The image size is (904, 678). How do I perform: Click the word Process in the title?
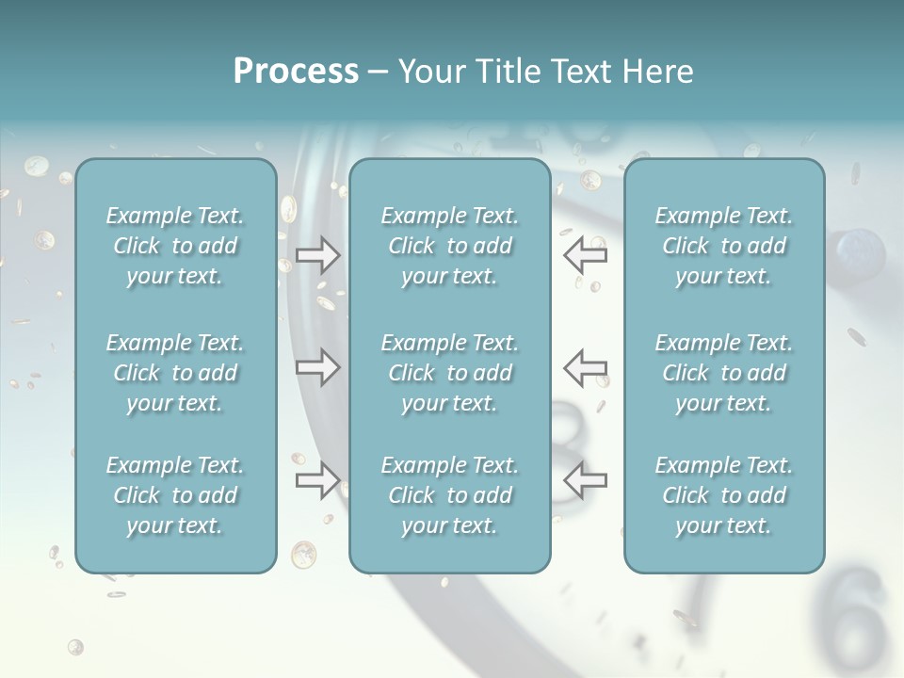296,71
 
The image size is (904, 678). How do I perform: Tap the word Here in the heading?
657,72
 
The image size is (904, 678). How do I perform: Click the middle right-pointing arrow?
317,367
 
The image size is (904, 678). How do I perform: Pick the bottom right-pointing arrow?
317,480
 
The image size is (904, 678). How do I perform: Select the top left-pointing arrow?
585,254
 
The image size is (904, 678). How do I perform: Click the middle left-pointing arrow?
585,367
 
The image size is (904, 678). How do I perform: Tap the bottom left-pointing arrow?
585,480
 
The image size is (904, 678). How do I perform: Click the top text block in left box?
175,246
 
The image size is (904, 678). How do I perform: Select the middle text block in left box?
175,373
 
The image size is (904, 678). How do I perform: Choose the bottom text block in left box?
175,495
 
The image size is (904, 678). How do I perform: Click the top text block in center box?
449,246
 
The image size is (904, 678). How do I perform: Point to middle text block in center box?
449,373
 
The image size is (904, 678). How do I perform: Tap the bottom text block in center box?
449,495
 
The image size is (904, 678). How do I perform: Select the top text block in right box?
723,246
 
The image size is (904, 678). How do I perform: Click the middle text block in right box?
723,373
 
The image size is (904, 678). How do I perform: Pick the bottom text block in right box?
723,495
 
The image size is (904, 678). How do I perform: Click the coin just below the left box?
116,594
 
